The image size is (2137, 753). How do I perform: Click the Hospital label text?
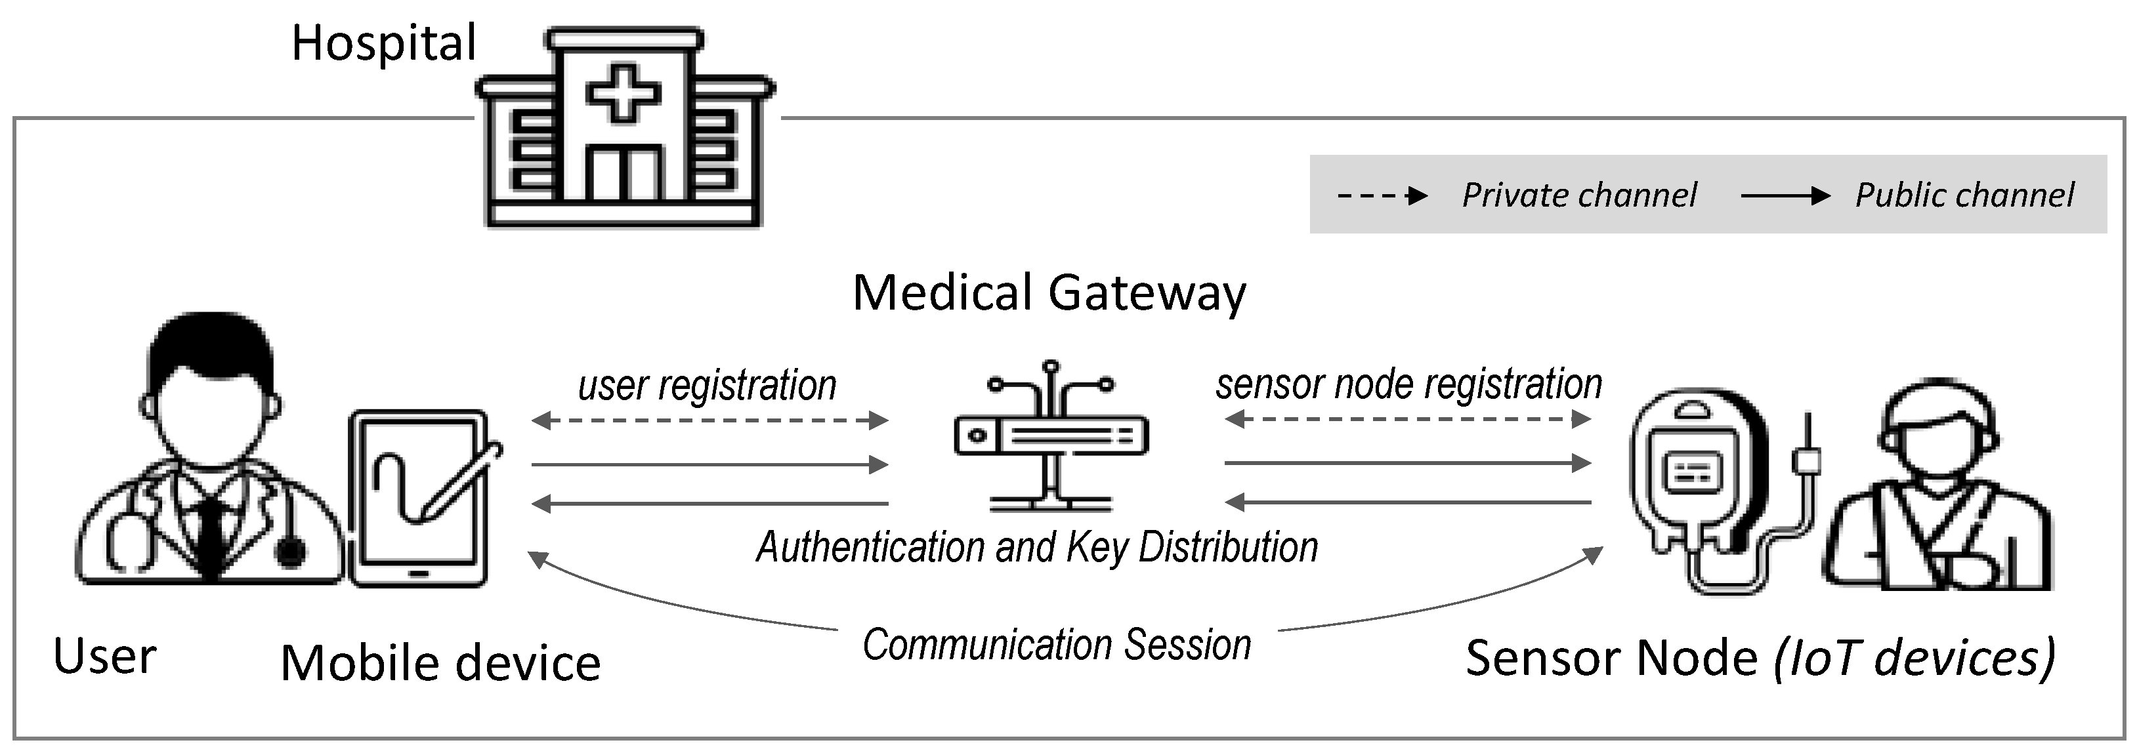383,43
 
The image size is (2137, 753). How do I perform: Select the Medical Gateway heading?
1049,293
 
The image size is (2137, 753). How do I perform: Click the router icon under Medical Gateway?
1051,437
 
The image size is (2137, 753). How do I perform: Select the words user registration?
707,386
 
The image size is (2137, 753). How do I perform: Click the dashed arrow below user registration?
709,420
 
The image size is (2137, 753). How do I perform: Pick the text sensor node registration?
1408,384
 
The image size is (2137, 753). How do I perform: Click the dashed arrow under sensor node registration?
1408,418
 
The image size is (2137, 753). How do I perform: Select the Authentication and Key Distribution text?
1037,547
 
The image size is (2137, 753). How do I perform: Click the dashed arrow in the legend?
1382,195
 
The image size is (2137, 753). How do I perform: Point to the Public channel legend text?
1964,195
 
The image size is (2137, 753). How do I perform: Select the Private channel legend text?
1578,195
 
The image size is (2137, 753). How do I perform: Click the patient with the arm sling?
1937,498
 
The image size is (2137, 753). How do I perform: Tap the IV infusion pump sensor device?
1697,481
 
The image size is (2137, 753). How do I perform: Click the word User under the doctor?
104,657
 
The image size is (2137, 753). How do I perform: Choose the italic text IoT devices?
1915,659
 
